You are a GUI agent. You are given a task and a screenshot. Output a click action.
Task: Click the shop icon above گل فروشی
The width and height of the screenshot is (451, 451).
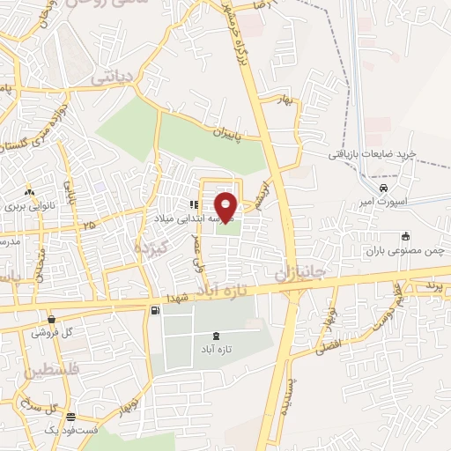(x=51, y=319)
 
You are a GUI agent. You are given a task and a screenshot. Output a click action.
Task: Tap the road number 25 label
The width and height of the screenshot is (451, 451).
(x=87, y=226)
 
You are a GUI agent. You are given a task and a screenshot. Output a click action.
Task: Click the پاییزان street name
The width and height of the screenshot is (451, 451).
(x=228, y=132)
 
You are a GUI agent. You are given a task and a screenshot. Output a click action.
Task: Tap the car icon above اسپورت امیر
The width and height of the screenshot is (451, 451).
(x=383, y=189)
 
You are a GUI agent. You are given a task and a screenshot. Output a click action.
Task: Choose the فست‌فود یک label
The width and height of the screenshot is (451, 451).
(x=68, y=430)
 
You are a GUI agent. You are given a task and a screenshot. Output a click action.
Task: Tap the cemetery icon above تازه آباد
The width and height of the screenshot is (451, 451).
(x=217, y=336)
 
